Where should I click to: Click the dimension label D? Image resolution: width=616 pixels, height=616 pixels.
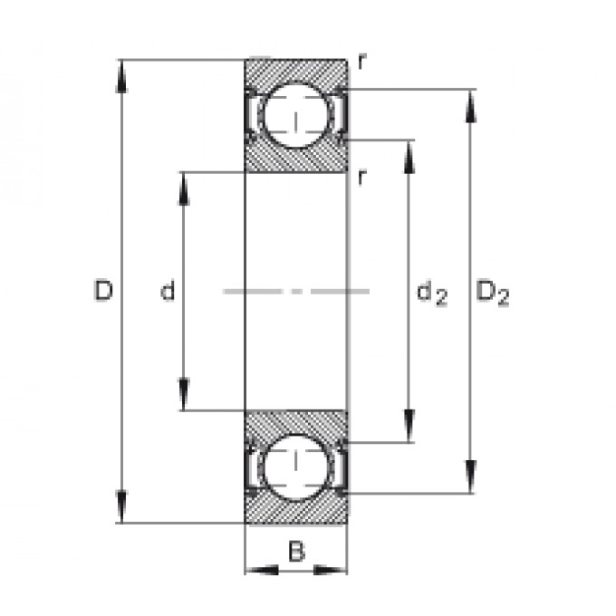point(103,290)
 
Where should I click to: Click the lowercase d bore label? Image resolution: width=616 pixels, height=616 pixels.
point(168,290)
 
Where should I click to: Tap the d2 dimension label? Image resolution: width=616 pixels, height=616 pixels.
point(432,294)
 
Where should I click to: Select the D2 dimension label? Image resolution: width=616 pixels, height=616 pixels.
point(493,294)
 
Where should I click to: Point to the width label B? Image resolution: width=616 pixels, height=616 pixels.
point(296,551)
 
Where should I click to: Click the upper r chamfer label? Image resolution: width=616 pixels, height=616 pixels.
point(362,62)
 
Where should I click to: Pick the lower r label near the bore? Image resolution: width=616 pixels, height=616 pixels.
point(362,178)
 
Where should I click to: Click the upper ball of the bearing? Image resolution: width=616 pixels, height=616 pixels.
point(296,116)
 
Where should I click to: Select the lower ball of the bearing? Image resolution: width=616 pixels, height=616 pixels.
point(296,467)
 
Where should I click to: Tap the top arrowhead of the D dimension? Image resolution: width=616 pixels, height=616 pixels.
point(121,76)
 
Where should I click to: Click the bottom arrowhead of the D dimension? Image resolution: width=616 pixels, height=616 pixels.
point(121,506)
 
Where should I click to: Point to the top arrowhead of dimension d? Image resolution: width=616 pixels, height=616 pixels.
point(184,188)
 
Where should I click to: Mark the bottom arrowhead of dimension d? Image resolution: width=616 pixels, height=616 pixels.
point(184,394)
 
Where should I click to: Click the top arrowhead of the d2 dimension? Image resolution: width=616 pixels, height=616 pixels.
point(409,157)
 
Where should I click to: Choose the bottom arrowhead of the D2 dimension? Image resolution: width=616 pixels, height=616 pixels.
point(471,476)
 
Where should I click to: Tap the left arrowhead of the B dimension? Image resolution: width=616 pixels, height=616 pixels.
point(262,569)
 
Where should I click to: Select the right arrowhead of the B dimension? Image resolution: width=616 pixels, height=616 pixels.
point(331,569)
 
